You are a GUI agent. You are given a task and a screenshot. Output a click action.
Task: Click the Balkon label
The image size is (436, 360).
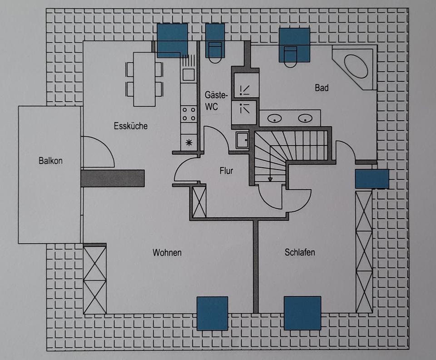(50, 160)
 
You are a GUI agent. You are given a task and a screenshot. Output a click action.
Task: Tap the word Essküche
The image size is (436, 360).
(131, 126)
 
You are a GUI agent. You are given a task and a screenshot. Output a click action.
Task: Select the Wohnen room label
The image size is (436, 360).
(167, 253)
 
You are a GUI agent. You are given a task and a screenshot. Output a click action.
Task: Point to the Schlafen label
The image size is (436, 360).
(300, 253)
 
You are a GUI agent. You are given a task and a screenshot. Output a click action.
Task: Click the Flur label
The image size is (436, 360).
(226, 171)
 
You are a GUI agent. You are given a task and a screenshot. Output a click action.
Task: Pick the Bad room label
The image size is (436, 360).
(322, 88)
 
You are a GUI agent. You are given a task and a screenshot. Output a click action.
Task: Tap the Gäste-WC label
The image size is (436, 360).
(216, 101)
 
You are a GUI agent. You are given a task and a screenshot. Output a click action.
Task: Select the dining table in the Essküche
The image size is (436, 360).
(144, 78)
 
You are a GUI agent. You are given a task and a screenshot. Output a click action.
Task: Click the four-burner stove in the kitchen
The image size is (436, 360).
(189, 114)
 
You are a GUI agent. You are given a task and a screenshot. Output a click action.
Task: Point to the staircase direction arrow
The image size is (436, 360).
(270, 179)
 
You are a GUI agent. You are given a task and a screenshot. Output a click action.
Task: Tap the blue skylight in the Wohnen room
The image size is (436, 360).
(212, 313)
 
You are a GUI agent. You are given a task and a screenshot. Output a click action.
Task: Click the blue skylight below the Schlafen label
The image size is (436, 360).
(302, 313)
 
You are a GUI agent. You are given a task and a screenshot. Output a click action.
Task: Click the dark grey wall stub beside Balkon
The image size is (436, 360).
(112, 178)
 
